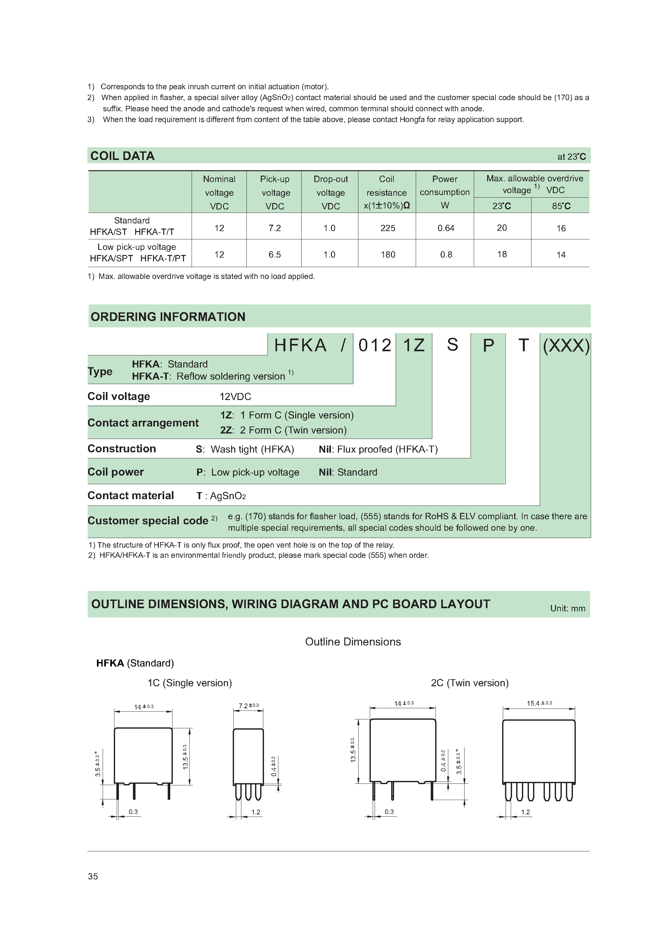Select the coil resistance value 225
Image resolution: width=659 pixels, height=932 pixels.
[387, 228]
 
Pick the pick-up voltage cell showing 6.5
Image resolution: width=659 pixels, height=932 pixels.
[275, 254]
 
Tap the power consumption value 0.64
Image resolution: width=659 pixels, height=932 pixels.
[445, 228]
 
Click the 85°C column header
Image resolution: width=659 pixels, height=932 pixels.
[561, 206]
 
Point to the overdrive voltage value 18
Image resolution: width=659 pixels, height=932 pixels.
[502, 254]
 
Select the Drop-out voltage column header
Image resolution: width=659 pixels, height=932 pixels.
[331, 193]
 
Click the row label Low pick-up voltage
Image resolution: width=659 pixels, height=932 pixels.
[136, 247]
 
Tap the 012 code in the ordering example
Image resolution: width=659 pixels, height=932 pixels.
[374, 346]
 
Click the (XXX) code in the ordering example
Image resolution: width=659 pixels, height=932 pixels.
[566, 346]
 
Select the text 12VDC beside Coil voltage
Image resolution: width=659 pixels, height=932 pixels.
[235, 397]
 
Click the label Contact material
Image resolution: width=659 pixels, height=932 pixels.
[130, 495]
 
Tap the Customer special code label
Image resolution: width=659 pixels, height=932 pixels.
[148, 521]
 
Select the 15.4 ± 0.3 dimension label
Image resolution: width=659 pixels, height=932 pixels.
[539, 703]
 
